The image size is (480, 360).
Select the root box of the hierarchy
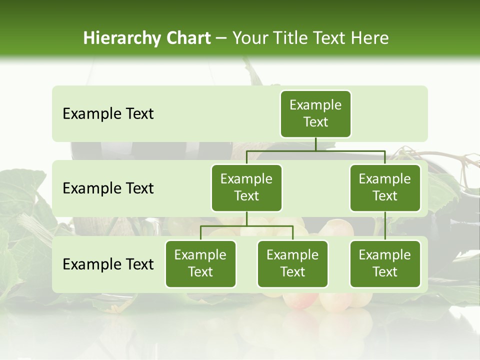click(315, 113)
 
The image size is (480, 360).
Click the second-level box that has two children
click(246, 187)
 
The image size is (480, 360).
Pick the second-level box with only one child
click(385, 187)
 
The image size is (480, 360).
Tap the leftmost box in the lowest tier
click(200, 263)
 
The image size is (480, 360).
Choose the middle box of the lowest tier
click(292, 263)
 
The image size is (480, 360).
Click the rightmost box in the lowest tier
click(385, 263)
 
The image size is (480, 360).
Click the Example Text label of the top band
click(108, 114)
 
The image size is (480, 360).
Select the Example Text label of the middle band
click(108, 188)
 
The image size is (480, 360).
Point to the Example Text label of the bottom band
click(108, 264)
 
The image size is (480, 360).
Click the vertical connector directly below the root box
click(315, 144)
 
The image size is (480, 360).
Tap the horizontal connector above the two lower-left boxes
click(246, 226)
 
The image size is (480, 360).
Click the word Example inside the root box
click(315, 105)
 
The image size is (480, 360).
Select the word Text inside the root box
click(315, 122)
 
